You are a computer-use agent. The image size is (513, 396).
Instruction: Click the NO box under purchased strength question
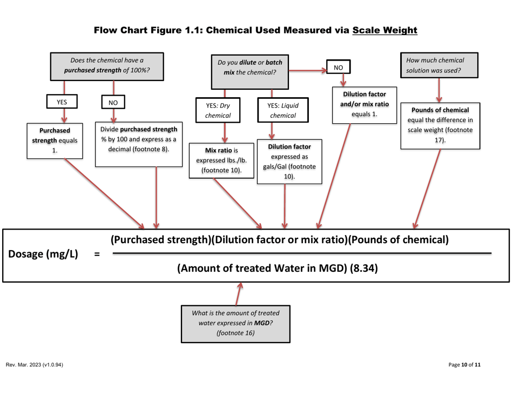click(113, 103)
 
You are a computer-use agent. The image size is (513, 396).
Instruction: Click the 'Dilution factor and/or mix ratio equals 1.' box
click(364, 104)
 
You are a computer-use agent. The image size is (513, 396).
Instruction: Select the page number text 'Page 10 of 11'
click(464, 365)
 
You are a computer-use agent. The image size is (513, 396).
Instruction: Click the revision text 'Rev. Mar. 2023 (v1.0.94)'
click(35, 365)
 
